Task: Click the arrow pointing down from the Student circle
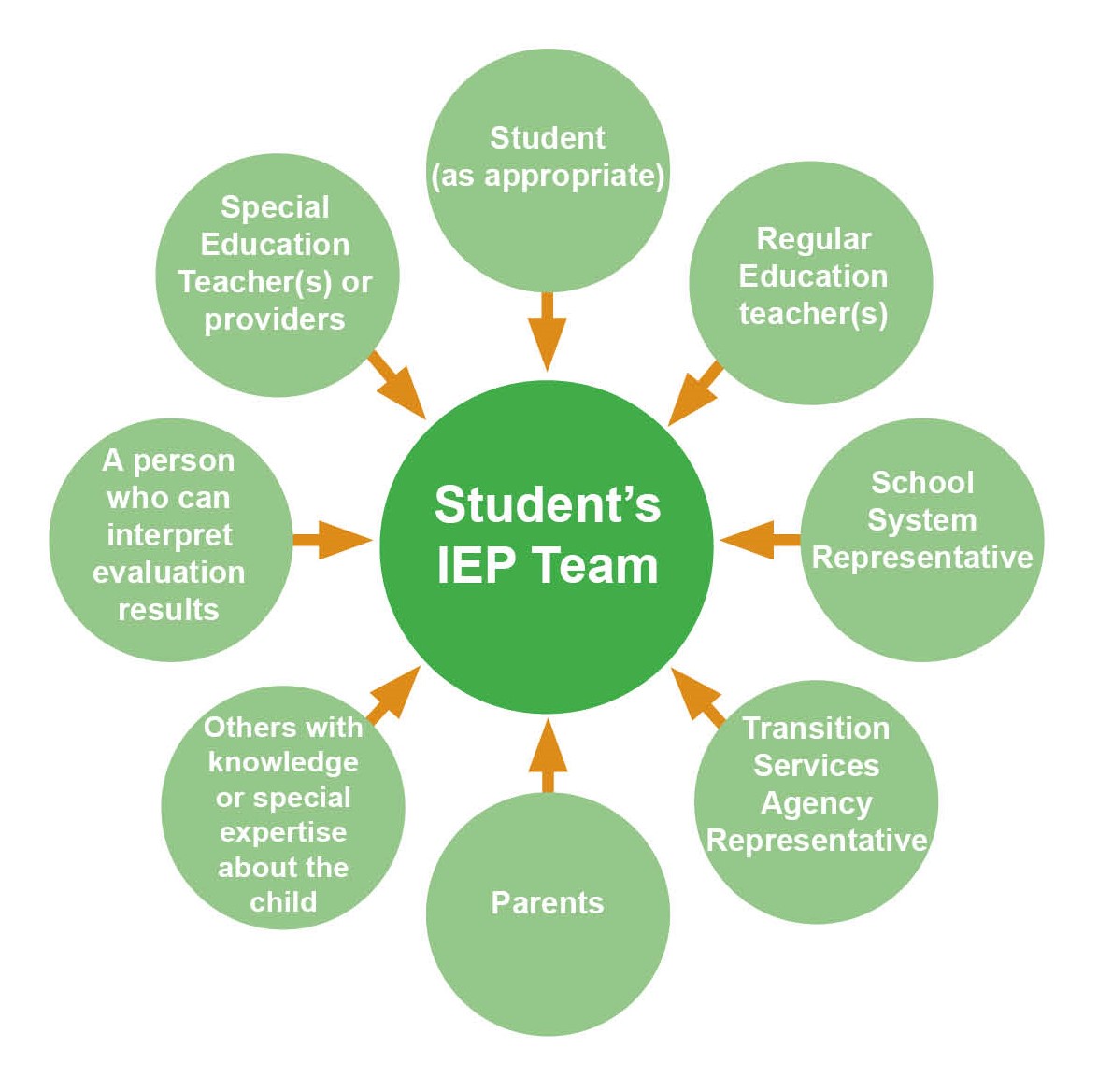(x=548, y=333)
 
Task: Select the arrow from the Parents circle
(x=548, y=755)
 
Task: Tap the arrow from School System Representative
(x=757, y=540)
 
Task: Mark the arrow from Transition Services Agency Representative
(x=697, y=696)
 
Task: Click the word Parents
(x=548, y=903)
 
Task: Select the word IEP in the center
(x=476, y=566)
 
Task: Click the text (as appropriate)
(x=548, y=176)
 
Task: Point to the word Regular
(x=813, y=239)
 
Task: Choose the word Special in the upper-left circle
(x=275, y=207)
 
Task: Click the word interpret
(x=169, y=535)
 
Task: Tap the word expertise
(x=283, y=832)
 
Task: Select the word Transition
(x=816, y=729)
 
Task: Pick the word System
(x=921, y=520)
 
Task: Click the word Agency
(x=816, y=803)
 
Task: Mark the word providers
(x=275, y=319)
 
